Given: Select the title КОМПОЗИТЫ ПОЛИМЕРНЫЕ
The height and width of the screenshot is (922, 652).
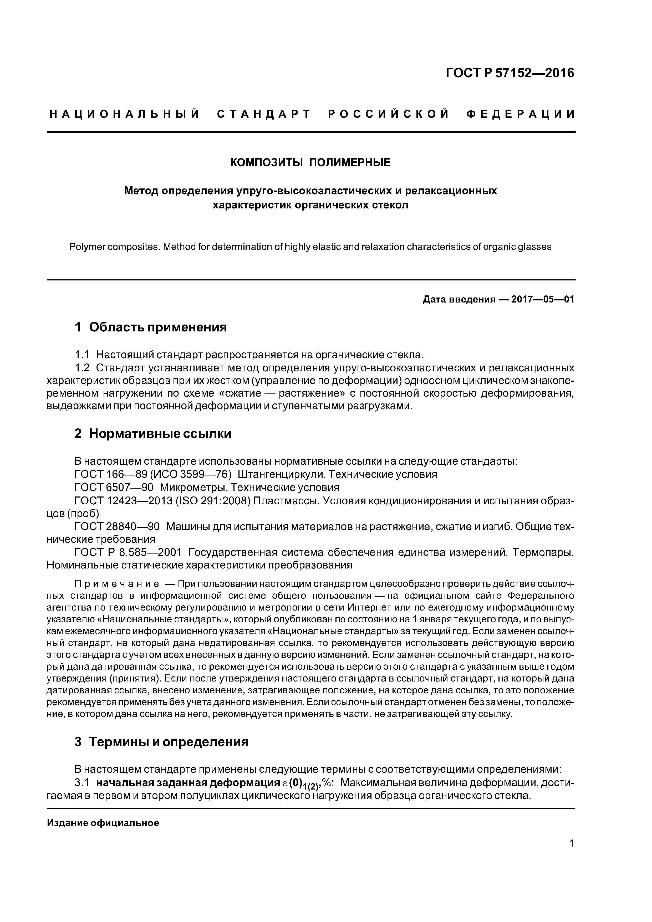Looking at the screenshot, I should point(310,163).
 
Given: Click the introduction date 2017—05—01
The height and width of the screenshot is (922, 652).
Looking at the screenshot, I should point(542,300).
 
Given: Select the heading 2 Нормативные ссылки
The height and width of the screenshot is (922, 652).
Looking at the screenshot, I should point(153,434).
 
